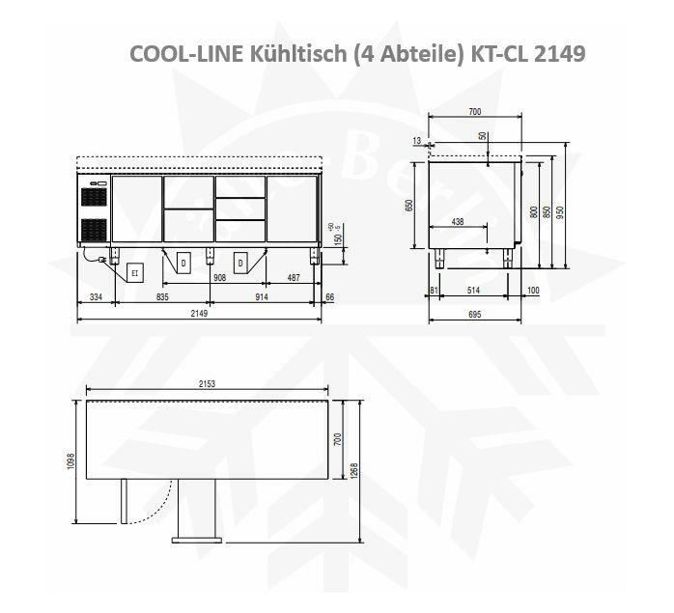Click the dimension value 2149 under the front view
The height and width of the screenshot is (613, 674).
(199, 313)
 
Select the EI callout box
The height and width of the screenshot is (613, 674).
(134, 273)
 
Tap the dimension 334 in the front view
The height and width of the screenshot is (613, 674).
(95, 297)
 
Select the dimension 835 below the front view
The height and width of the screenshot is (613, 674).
(162, 297)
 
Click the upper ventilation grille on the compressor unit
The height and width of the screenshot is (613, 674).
(94, 196)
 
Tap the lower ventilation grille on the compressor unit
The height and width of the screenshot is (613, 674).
(94, 229)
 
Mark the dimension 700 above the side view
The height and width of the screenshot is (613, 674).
(474, 112)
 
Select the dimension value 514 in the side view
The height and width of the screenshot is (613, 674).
(473, 290)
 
